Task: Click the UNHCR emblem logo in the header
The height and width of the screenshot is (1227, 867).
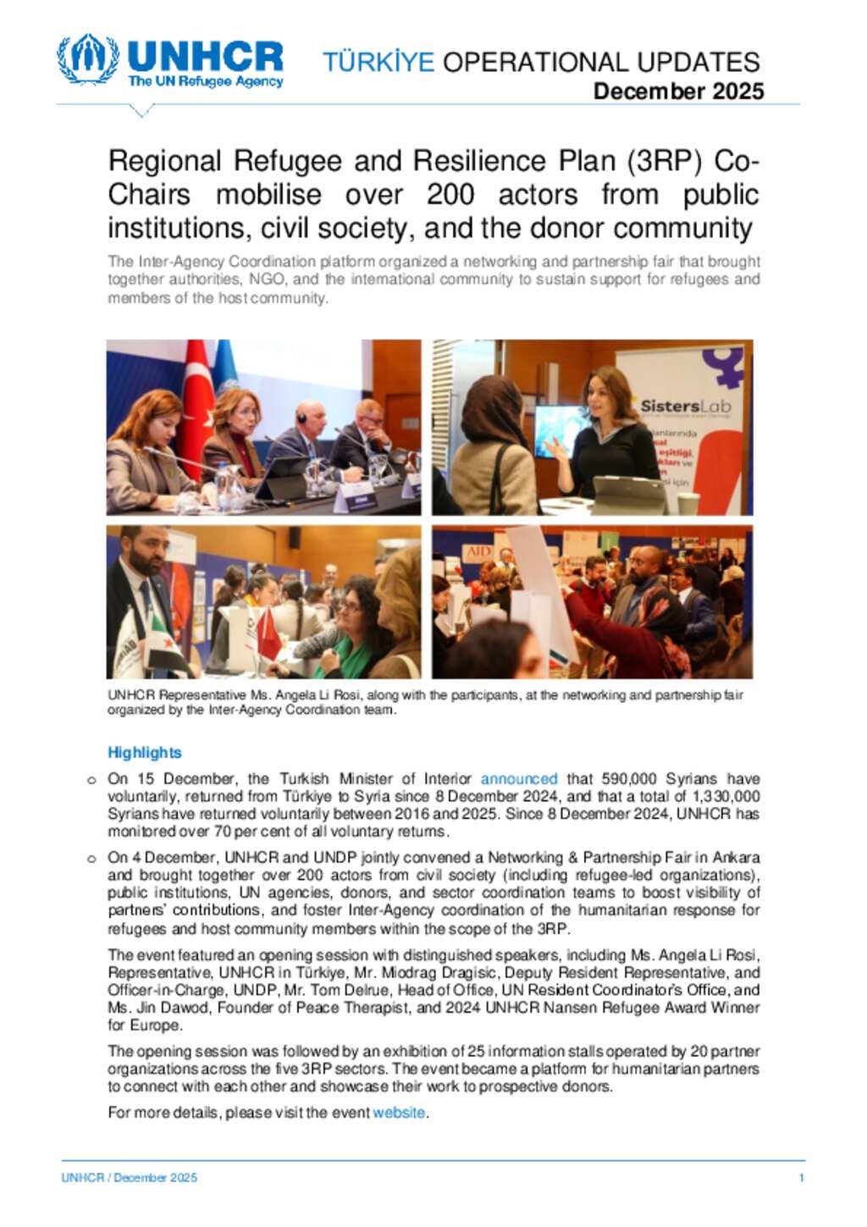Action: click(87, 59)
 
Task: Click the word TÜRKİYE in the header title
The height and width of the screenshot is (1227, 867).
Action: click(378, 62)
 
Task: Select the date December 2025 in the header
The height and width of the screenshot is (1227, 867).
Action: click(678, 91)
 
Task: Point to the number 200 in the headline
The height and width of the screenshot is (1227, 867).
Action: click(450, 195)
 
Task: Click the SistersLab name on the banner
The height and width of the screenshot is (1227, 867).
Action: click(685, 406)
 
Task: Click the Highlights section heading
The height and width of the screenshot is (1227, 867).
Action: click(145, 752)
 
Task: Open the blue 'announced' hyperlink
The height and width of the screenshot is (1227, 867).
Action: click(519, 778)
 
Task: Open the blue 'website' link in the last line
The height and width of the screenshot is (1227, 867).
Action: click(399, 1113)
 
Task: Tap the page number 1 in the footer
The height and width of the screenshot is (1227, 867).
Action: click(801, 1178)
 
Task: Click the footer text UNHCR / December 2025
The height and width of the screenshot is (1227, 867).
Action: click(129, 1178)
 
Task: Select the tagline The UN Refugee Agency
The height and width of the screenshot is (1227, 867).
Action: click(205, 82)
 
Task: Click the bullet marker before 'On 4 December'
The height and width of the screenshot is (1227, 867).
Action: click(91, 859)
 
